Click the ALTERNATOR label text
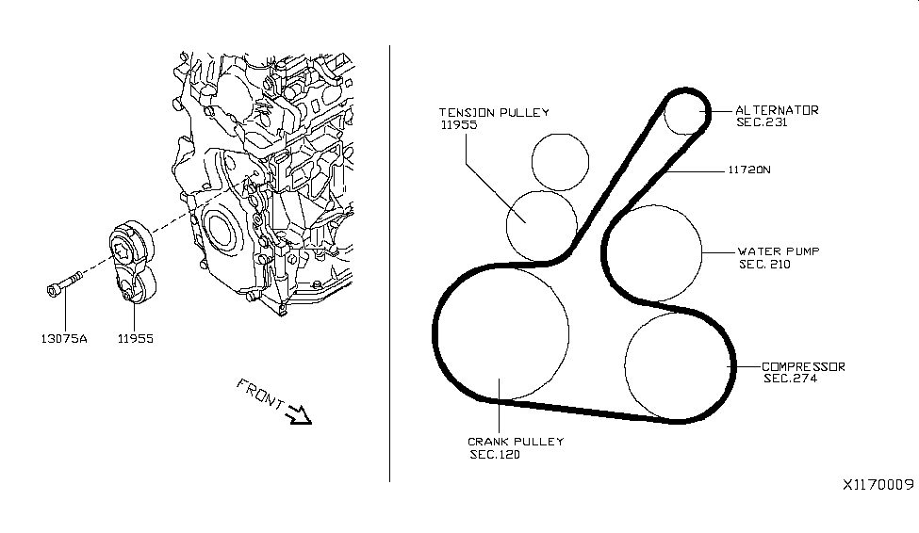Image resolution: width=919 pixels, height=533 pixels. [777, 110]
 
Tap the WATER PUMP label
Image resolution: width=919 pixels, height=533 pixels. [779, 251]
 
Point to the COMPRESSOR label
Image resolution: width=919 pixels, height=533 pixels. [803, 366]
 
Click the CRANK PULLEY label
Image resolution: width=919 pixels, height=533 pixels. [516, 442]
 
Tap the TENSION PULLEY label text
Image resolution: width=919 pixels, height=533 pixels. [494, 112]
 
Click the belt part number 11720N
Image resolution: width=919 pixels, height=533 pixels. [749, 170]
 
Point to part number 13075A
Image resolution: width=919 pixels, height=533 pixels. [64, 339]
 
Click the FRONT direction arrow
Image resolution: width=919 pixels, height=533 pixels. [299, 414]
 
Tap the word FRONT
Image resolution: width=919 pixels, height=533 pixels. [260, 394]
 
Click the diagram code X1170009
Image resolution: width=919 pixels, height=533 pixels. [878, 485]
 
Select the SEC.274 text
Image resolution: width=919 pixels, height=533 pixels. [790, 379]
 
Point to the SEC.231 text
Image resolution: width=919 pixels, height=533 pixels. [762, 122]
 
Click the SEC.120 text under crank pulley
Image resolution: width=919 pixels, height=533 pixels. [495, 455]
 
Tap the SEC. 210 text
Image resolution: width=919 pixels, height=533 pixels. [764, 265]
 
